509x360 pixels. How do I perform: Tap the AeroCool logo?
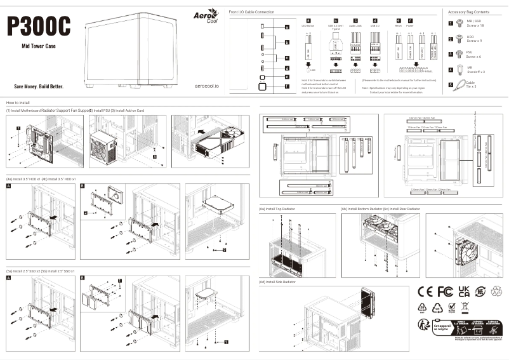click(206, 16)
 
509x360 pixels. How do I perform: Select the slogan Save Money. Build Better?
click(39, 86)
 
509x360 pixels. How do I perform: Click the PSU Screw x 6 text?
click(473, 55)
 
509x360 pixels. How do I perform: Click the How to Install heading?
click(17, 102)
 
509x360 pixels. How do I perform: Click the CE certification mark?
click(425, 291)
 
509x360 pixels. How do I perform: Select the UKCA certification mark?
click(464, 291)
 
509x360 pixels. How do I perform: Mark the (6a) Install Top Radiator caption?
click(277, 208)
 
